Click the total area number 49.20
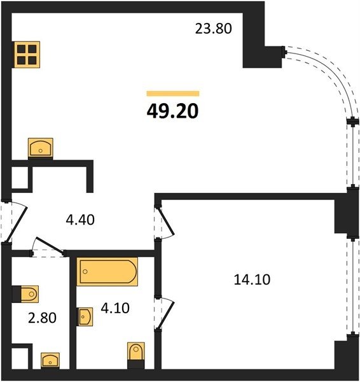coord(172,111)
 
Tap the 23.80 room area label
coord(214,29)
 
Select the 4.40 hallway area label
coord(80,220)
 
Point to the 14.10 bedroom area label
coord(252,279)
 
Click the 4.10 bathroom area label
coord(115,308)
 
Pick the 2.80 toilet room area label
coord(42,318)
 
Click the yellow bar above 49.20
coord(173,94)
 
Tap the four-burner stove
coord(27,55)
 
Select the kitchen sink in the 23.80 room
coord(41,148)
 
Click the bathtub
coord(107,271)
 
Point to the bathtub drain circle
coord(85,272)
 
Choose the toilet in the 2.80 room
coord(25,294)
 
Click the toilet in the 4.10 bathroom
coord(136,355)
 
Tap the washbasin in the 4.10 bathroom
coord(85,316)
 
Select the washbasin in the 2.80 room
coord(50,360)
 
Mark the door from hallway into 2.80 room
coord(48,246)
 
